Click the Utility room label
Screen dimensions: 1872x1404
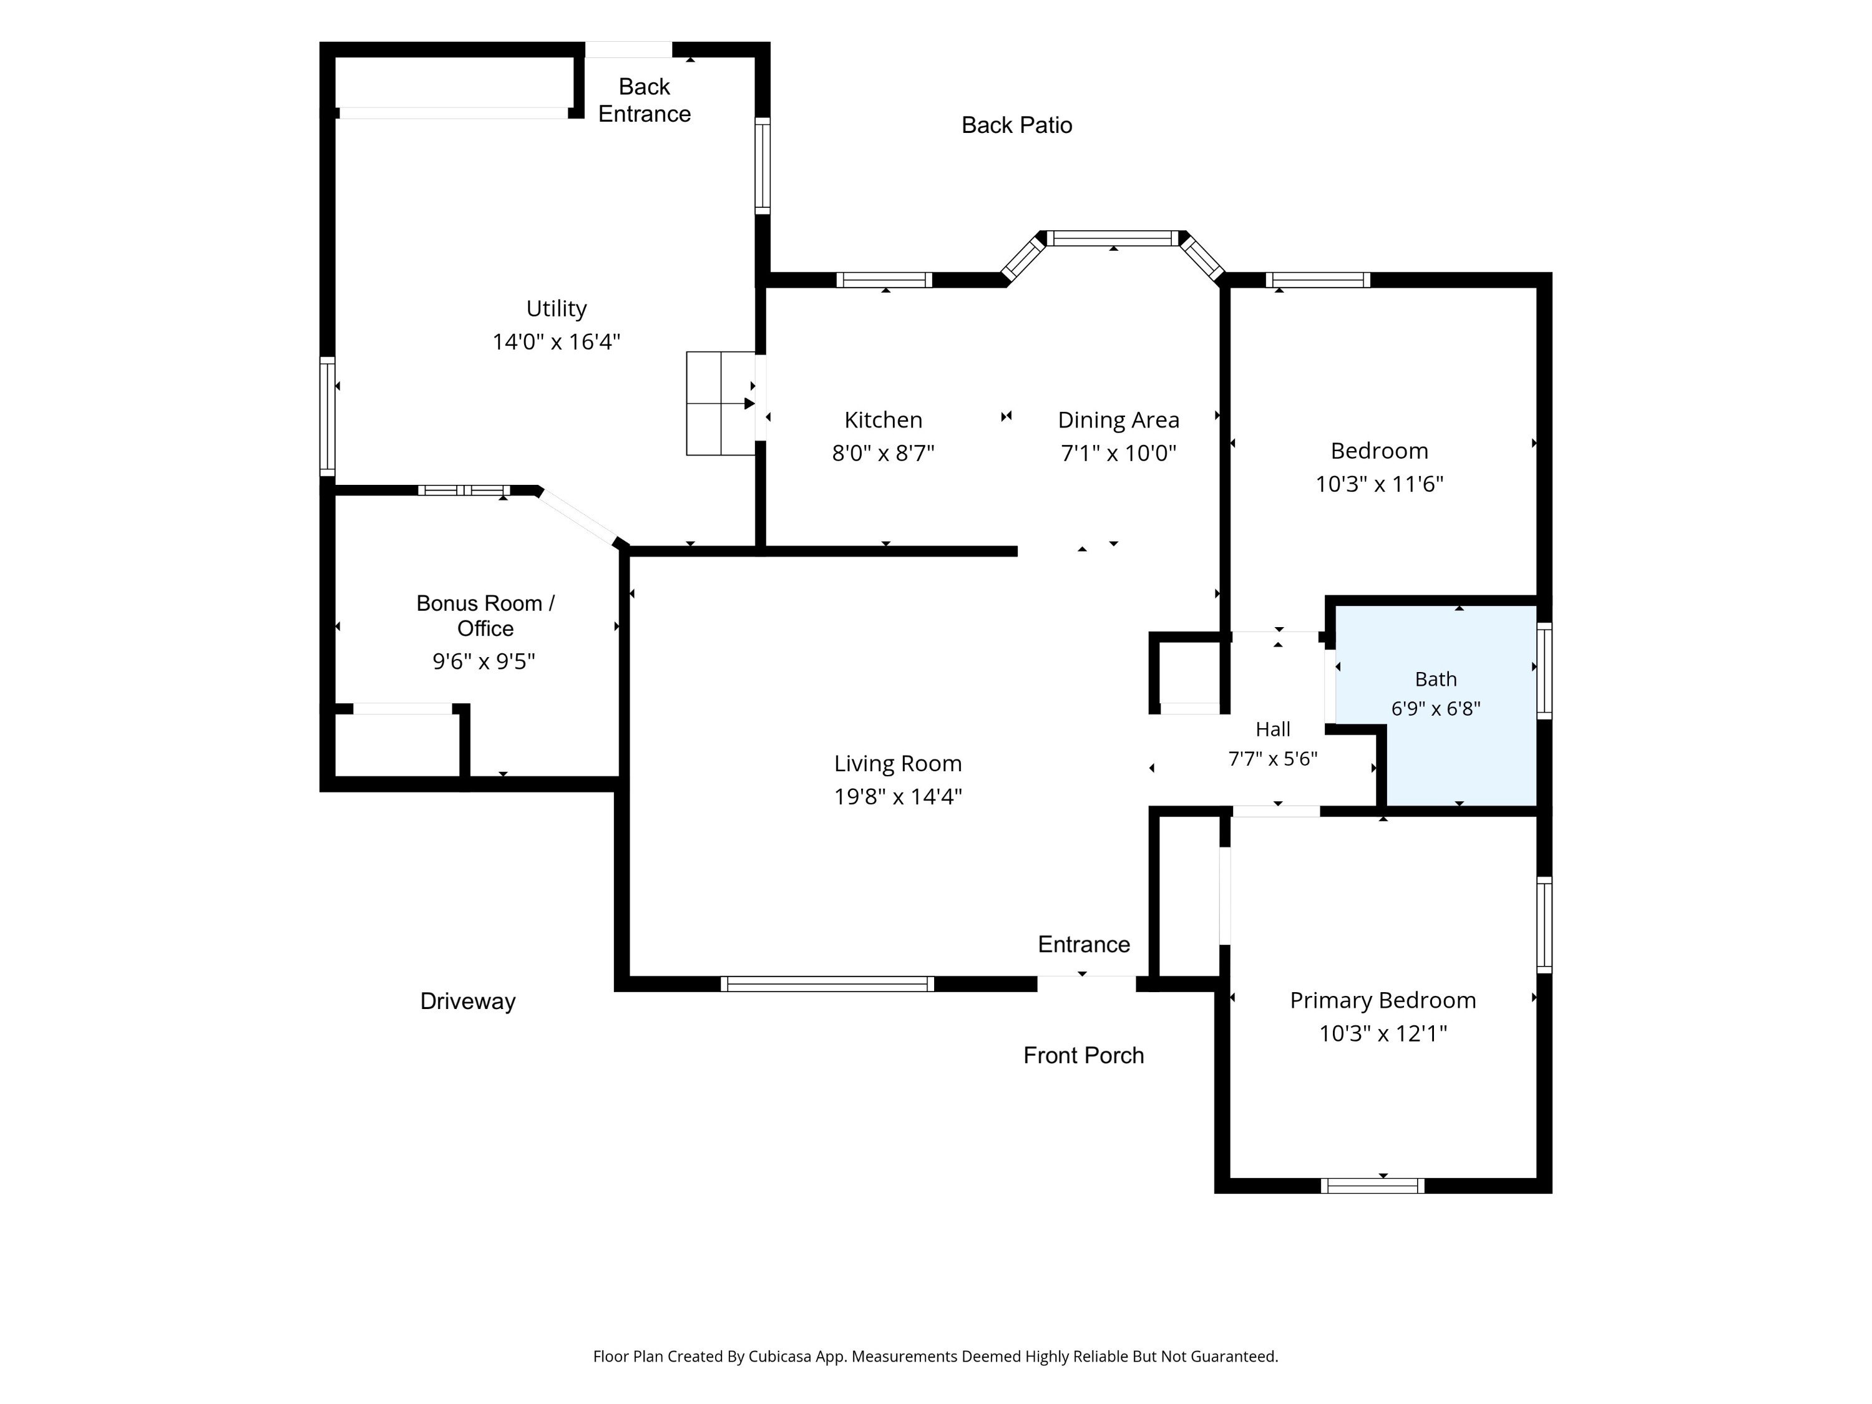click(x=556, y=309)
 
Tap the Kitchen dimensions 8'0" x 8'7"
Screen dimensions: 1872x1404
click(x=883, y=454)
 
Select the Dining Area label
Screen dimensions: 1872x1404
click(x=1118, y=421)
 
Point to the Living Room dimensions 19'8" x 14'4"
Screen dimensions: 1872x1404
click(x=898, y=796)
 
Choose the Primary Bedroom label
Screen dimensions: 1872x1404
click(x=1383, y=1000)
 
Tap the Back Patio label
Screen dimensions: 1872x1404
click(x=1016, y=125)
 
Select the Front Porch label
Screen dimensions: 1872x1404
click(x=1083, y=1055)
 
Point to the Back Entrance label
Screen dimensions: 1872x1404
click(x=644, y=100)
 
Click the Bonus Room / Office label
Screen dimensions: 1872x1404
click(x=485, y=615)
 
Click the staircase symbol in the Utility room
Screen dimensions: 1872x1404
click(x=720, y=404)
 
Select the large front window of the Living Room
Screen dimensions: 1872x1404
click(x=827, y=983)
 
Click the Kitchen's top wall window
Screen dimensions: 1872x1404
click(x=884, y=280)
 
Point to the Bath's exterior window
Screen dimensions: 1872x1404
click(x=1544, y=671)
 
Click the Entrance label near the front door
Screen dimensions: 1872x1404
click(x=1084, y=945)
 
